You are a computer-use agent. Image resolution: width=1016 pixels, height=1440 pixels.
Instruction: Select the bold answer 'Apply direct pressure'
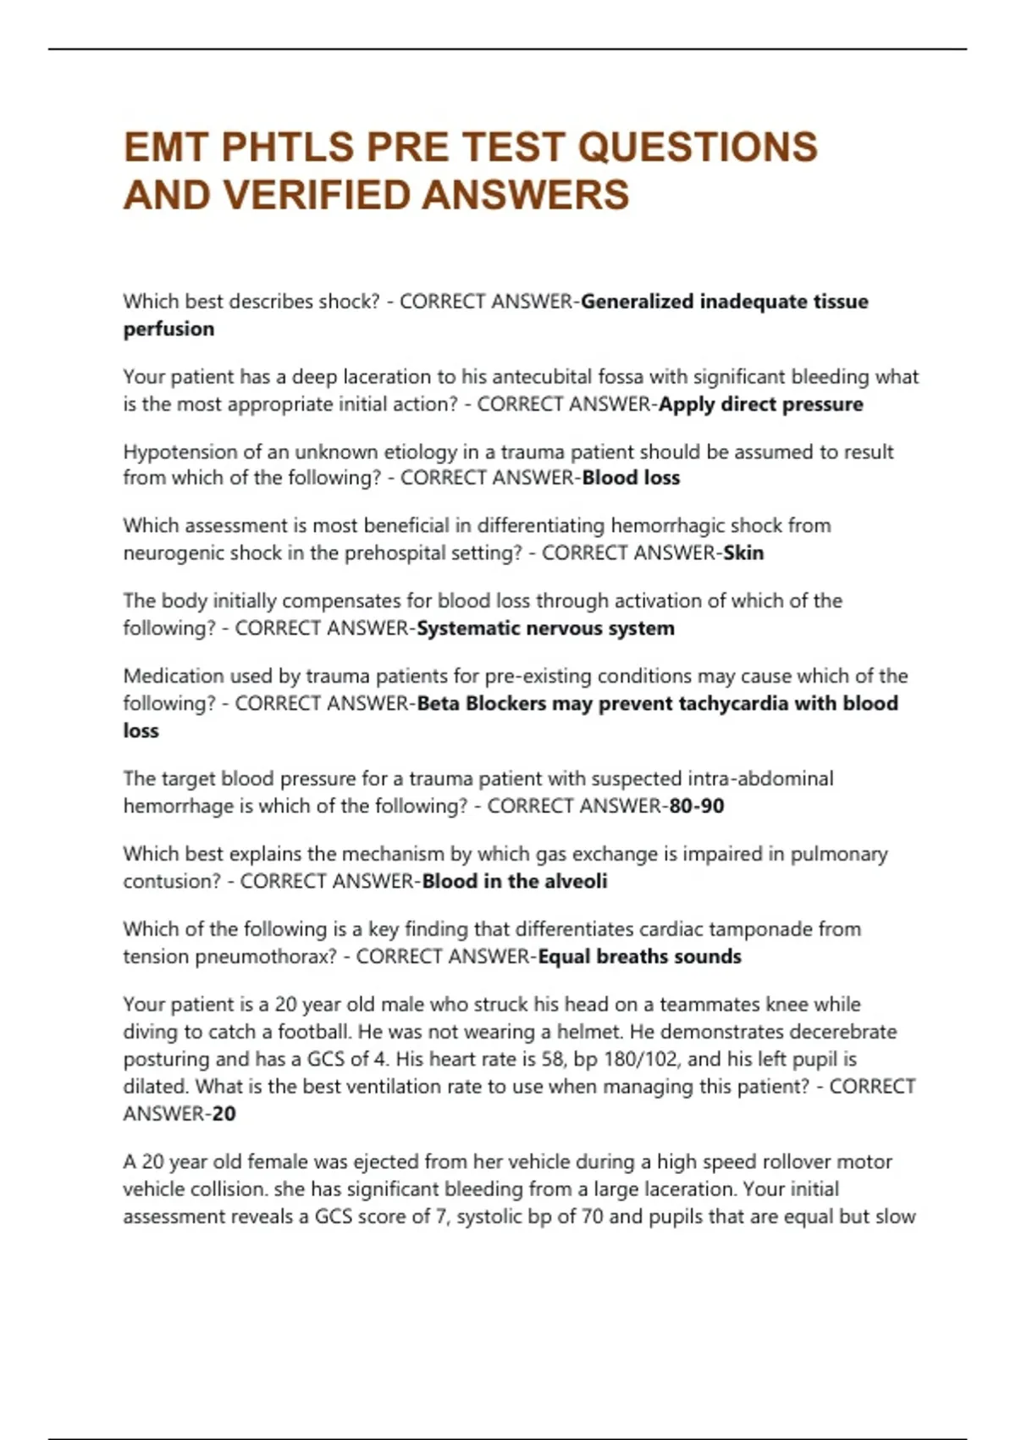pos(760,404)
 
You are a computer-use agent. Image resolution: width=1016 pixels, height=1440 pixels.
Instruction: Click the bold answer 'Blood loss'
pos(631,478)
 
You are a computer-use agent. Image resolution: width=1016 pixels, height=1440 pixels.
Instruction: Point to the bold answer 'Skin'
pos(743,553)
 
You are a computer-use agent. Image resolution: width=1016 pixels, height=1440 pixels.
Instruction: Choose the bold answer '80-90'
pos(696,806)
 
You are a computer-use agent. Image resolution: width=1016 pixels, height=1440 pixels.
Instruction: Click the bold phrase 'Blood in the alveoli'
pos(514,881)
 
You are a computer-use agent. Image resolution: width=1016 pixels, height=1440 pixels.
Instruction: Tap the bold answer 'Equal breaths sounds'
pos(639,956)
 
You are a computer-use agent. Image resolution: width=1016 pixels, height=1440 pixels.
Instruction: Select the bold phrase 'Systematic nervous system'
pos(545,629)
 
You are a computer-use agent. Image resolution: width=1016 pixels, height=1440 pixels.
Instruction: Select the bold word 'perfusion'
pos(168,329)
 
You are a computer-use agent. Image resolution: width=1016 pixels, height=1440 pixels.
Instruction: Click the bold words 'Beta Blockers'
pos(482,703)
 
